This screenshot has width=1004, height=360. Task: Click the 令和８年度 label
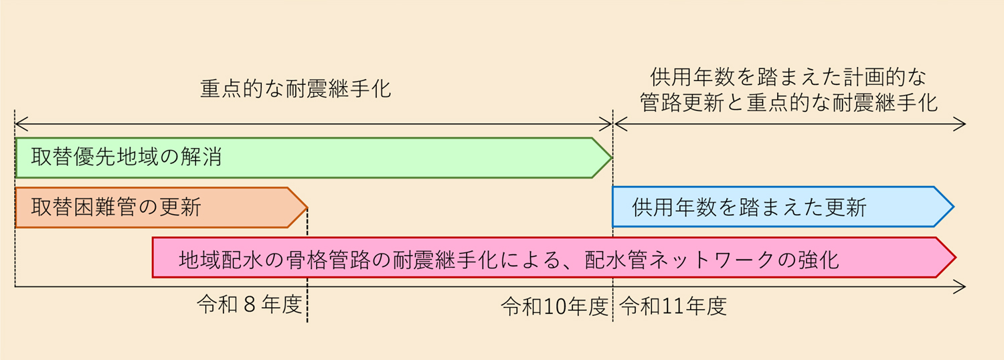249,305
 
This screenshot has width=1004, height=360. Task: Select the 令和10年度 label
554,306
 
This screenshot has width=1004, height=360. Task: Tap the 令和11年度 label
673,306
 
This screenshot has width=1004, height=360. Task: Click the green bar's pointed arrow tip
611,158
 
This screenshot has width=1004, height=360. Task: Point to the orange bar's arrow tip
307,207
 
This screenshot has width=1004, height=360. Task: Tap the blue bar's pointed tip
953,207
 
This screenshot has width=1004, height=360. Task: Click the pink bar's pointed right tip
956,258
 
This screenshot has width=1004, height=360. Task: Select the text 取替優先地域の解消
127,157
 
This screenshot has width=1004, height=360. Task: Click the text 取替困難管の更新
116,207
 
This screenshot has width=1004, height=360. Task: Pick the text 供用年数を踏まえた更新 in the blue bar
749,207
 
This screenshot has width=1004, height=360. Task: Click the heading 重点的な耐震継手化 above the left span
295,88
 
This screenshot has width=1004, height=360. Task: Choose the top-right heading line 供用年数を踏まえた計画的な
788,77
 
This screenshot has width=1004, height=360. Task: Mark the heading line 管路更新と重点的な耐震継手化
788,102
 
